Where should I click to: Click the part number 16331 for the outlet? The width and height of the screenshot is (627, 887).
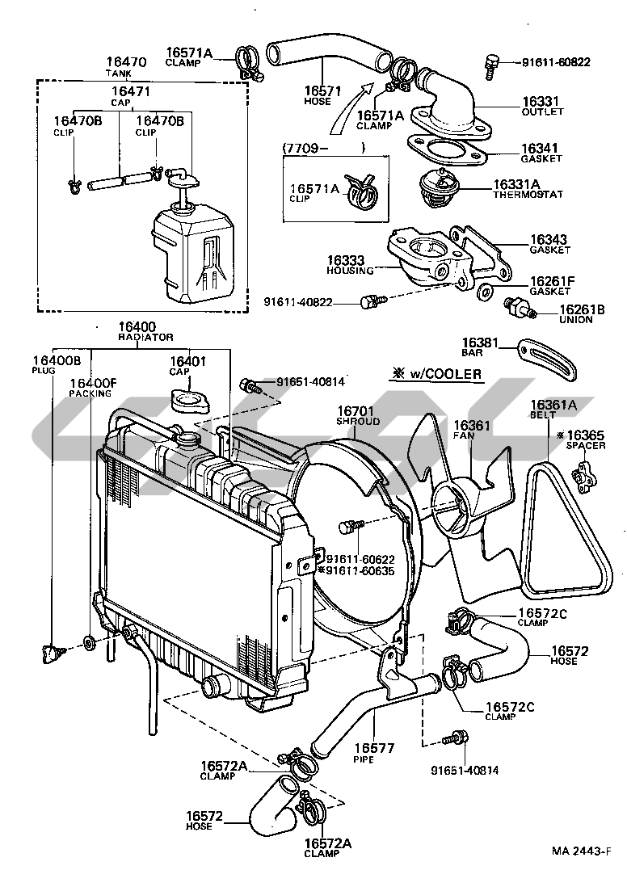[x=538, y=101]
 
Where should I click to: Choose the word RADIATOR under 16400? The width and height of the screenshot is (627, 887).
[x=145, y=336]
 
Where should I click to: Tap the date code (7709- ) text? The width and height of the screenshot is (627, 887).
[x=323, y=149]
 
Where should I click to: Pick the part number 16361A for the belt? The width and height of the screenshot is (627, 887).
[x=553, y=405]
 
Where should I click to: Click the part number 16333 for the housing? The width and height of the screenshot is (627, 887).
[x=346, y=261]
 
